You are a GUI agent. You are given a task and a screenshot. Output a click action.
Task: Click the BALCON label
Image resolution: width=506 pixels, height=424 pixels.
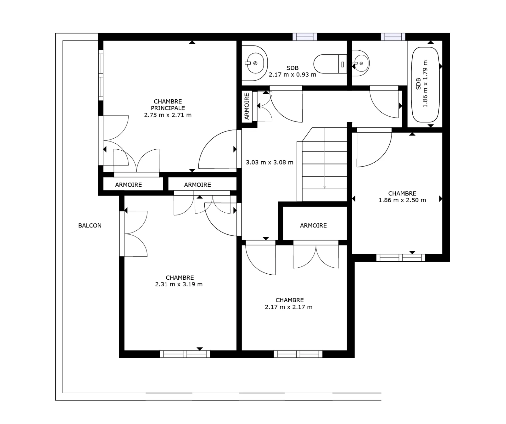90,226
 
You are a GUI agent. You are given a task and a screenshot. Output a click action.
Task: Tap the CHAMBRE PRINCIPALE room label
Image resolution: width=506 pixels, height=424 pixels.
168,105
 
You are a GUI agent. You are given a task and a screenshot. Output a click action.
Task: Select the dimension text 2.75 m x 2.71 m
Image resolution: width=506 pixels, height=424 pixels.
168,115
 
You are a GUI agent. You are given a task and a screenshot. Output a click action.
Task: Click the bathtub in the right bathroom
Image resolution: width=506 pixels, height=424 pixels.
425,85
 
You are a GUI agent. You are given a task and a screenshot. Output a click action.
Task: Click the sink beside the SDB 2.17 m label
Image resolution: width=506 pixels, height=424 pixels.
255,63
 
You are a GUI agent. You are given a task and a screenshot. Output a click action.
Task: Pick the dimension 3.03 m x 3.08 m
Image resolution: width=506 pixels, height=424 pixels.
270,163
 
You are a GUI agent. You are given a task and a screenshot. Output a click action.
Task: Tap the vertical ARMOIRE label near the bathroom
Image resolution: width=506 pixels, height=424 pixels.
247,106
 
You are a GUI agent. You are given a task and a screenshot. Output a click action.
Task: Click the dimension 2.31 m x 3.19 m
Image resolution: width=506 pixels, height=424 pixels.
179,284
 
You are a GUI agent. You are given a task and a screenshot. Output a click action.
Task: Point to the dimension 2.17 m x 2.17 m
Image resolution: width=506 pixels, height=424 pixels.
289,307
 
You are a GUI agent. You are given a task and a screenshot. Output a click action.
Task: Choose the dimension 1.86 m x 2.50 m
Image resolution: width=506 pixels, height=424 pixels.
402,200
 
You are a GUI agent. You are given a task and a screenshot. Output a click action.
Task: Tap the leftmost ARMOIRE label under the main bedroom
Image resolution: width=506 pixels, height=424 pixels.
128,185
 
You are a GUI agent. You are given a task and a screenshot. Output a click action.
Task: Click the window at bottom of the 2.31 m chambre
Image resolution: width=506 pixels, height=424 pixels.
185,354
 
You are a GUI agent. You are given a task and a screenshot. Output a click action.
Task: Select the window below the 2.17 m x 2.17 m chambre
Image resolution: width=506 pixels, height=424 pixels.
298,354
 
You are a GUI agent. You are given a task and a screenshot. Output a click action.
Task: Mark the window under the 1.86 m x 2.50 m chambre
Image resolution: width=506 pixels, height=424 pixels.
401,258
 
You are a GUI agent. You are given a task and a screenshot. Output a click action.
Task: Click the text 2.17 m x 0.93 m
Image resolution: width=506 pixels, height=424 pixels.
293,75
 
